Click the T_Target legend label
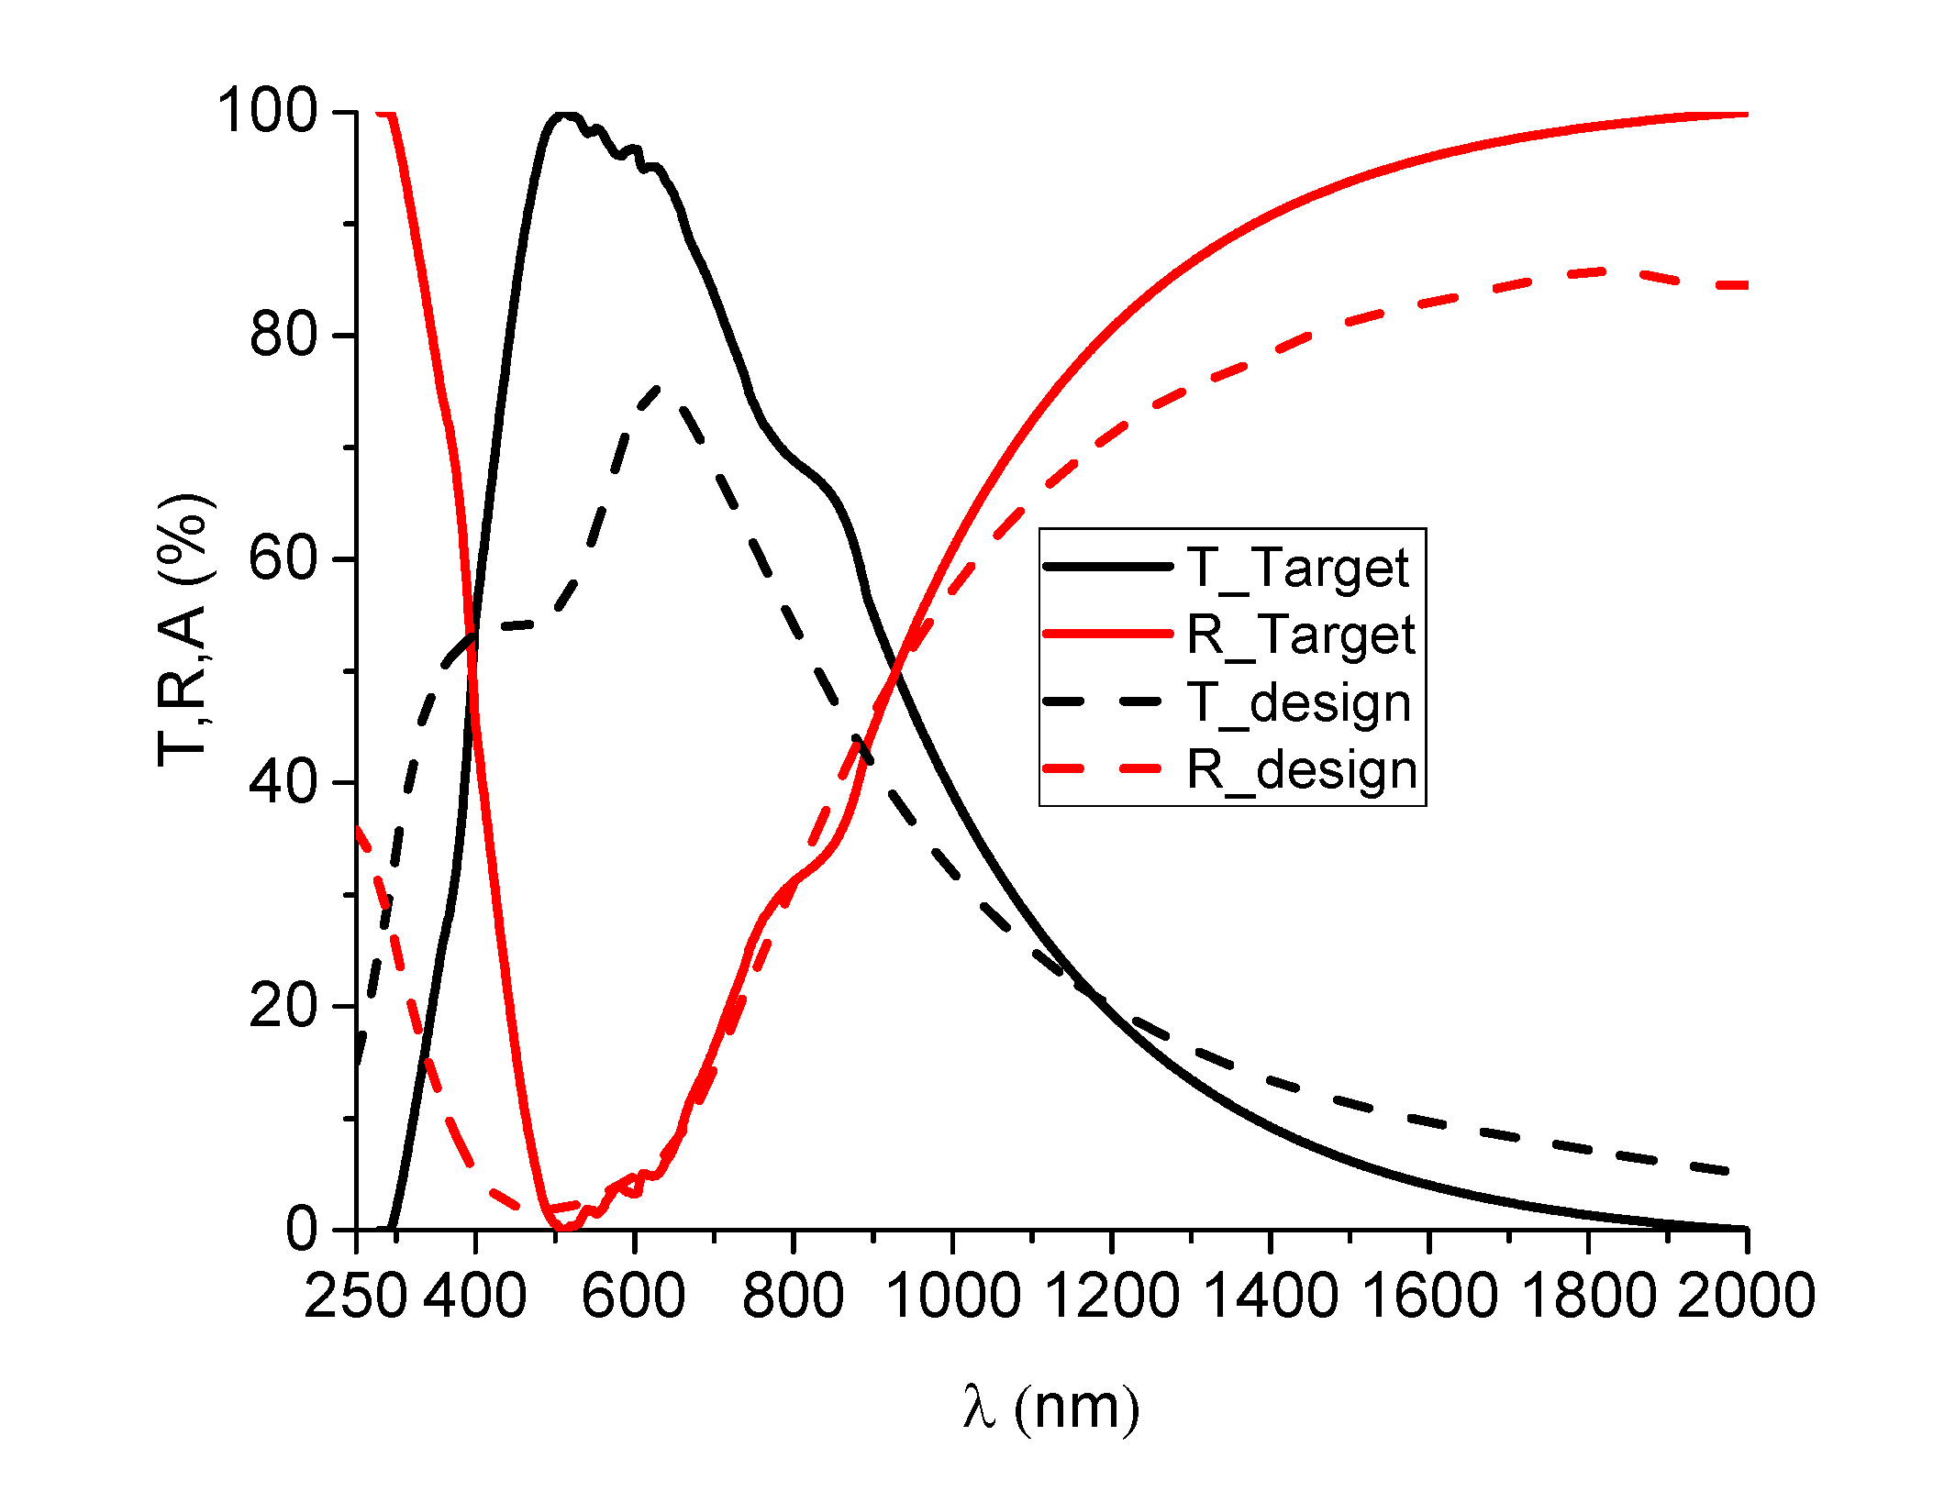(1297, 568)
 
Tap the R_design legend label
(1302, 769)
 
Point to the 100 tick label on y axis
(266, 111)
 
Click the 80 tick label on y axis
(283, 335)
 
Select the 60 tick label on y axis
(283, 558)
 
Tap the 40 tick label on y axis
(283, 782)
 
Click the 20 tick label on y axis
(283, 1006)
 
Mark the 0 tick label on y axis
(301, 1229)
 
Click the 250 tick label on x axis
(355, 1296)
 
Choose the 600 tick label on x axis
(634, 1296)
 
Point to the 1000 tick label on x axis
(952, 1296)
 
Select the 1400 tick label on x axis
(1270, 1296)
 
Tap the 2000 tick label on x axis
(1746, 1296)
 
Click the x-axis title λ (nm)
(1051, 1407)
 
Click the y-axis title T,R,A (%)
(184, 631)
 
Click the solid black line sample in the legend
(1108, 568)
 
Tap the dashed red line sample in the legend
(1108, 769)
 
